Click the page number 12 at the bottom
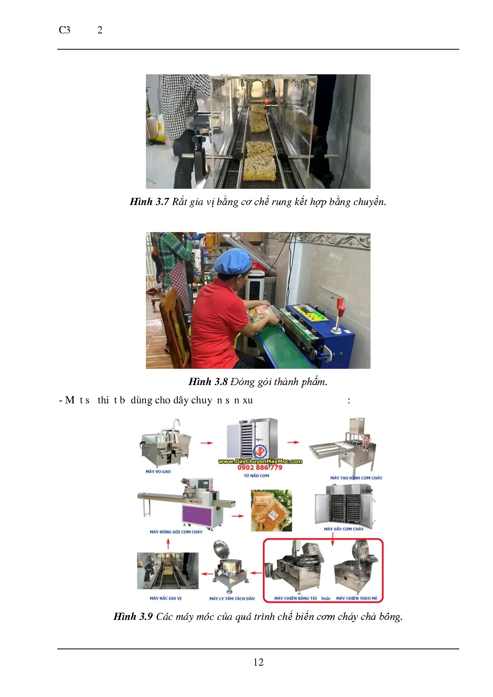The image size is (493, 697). tap(258, 662)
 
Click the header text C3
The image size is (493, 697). tap(64, 30)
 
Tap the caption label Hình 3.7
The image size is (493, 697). tap(149, 202)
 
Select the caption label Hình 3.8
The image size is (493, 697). tap(208, 382)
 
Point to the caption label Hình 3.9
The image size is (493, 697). tap(133, 616)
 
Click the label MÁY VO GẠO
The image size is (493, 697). tap(158, 472)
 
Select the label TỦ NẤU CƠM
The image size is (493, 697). tap(256, 476)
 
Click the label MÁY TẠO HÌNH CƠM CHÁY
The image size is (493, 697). tap(356, 478)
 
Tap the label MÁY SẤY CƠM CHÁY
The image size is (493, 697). tap(344, 529)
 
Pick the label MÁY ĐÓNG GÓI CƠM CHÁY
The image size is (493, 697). tap(176, 532)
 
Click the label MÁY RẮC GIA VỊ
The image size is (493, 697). tap(165, 598)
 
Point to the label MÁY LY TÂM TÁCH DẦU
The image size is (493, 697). tap(232, 598)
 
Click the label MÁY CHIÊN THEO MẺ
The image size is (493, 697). tap(357, 598)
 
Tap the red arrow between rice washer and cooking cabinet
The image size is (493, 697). tap(206, 443)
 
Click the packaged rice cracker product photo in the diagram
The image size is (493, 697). tap(271, 511)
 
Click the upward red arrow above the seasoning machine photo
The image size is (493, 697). tap(168, 543)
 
